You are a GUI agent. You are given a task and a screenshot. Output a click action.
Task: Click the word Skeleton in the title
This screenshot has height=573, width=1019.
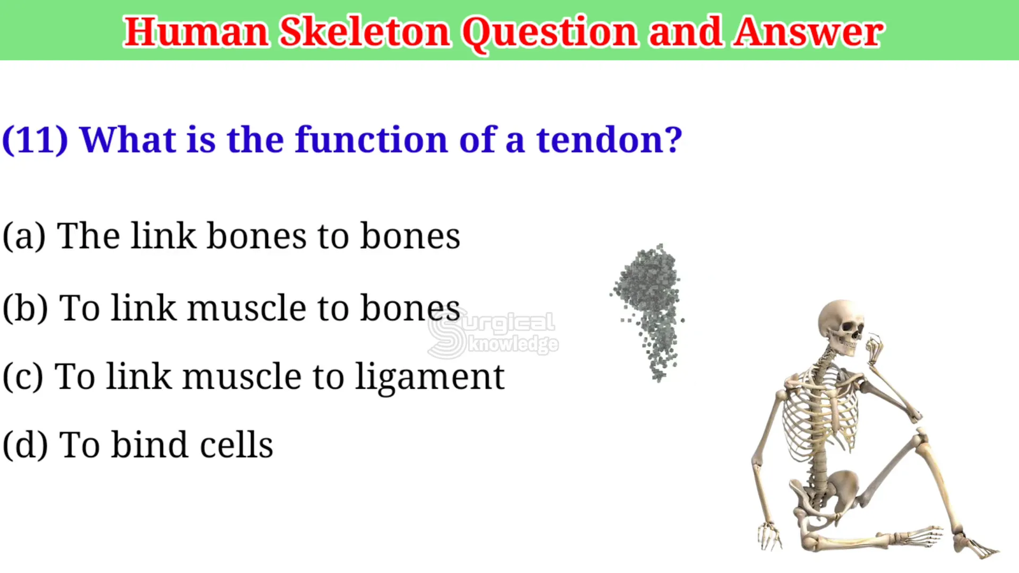365,31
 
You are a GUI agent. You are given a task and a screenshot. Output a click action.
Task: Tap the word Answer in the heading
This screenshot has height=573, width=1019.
808,31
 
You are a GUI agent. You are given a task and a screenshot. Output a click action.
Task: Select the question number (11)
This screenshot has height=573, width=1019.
35,140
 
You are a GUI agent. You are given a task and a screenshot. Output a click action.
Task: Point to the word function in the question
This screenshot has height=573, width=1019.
371,139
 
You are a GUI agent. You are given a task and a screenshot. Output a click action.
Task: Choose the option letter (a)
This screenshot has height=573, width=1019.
24,236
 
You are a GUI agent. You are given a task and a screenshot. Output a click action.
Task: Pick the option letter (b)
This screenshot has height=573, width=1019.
25,308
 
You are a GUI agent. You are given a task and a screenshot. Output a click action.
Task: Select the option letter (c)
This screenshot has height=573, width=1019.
23,376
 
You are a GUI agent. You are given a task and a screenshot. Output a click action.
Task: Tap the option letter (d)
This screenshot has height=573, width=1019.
25,444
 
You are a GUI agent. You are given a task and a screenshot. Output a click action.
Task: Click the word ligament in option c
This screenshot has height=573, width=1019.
429,378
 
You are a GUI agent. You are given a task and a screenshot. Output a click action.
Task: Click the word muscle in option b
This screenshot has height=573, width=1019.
246,308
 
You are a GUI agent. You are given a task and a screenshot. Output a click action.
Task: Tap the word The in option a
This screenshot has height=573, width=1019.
89,236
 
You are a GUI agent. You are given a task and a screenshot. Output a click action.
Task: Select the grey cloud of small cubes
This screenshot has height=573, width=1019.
648,311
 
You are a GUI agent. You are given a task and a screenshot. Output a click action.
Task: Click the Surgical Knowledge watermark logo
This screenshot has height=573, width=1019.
493,334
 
